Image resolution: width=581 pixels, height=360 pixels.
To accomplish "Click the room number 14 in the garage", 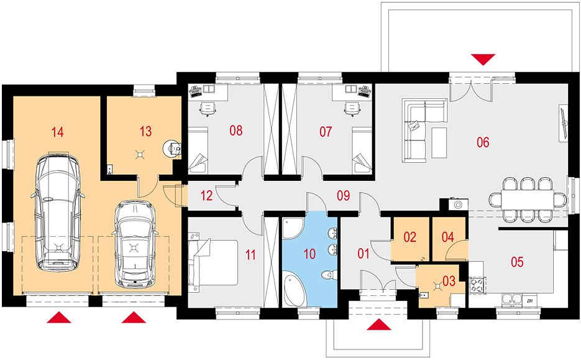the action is (57, 132).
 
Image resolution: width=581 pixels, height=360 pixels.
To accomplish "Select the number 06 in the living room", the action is (483, 142).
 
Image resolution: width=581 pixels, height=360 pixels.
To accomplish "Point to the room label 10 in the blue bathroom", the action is (309, 254).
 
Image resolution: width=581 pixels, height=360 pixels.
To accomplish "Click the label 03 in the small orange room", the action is (449, 280).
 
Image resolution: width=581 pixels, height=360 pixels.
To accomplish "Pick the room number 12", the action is (206, 195).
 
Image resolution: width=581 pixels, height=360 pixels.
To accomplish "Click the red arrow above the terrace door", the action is (483, 59).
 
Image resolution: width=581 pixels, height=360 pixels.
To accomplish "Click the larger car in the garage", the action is (58, 211).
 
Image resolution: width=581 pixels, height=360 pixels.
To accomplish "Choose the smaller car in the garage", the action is (134, 245).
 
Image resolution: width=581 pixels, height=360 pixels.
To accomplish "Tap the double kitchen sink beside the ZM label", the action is (512, 301).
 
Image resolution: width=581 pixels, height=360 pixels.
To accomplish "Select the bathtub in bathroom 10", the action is (294, 289).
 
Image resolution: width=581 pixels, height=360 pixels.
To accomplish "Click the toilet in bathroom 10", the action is (328, 275).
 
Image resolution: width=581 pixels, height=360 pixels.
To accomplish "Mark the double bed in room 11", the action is (213, 262).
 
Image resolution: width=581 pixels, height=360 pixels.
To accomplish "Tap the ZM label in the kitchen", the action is (529, 301).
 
